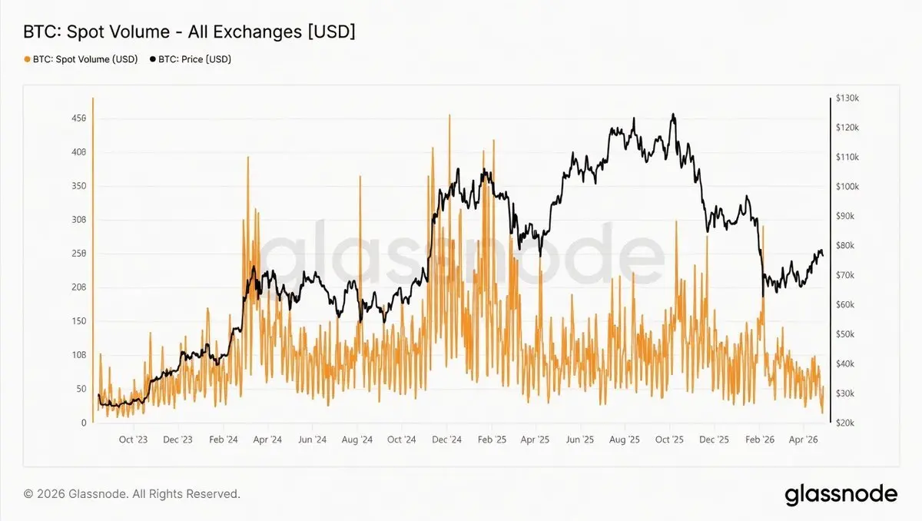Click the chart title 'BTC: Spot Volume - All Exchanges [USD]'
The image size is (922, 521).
(190, 32)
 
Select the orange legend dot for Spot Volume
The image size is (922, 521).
(28, 59)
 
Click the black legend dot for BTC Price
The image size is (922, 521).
(153, 59)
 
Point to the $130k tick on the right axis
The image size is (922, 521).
(847, 98)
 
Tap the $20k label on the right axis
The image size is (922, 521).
(846, 423)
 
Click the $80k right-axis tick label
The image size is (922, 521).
(846, 246)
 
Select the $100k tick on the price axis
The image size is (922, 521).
(847, 187)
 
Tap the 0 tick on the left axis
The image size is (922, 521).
(83, 423)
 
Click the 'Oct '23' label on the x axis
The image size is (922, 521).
(133, 440)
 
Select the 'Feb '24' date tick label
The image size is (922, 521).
(222, 440)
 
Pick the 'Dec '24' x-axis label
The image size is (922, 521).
(446, 440)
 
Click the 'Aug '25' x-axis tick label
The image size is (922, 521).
(625, 440)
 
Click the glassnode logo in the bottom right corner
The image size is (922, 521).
(841, 494)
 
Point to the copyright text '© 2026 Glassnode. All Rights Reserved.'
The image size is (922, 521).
(132, 494)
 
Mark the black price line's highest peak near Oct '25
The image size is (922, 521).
(673, 114)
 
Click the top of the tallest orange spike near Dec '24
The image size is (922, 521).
(449, 115)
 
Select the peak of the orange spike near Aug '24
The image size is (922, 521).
(360, 177)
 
